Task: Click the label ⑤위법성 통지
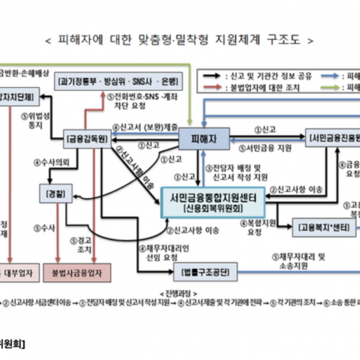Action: (32, 120)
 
